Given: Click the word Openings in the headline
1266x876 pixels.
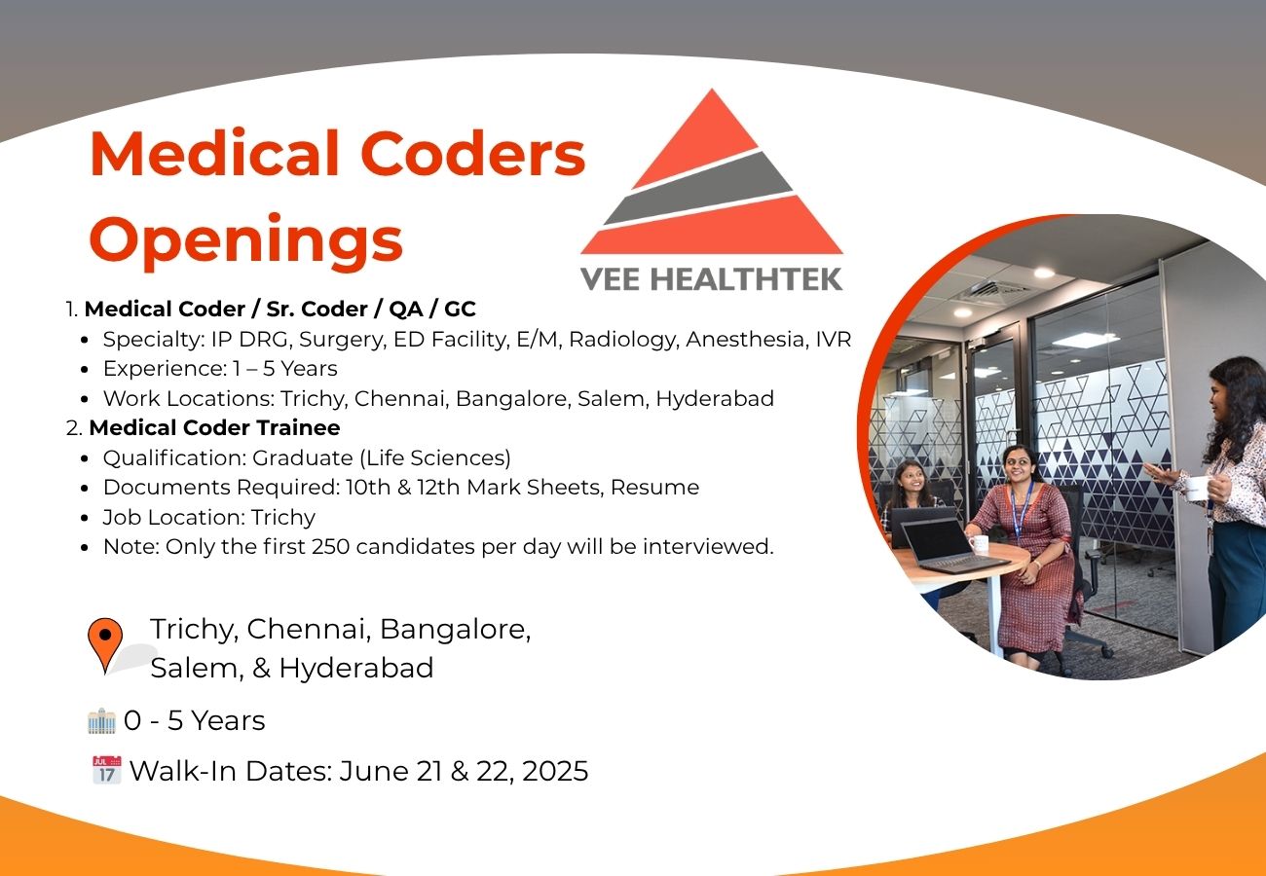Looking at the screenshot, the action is pos(245,241).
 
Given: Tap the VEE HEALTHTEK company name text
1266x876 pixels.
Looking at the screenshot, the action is pos(712,279).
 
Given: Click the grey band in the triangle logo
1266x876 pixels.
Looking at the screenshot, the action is pos(699,188).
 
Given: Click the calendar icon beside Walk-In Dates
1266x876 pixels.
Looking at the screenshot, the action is pos(107,769).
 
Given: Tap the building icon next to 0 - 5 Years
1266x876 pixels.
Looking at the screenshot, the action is pos(101,720).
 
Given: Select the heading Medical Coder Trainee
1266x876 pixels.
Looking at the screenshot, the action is pos(215,427).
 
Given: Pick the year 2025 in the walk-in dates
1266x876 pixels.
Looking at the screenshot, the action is pos(555,771).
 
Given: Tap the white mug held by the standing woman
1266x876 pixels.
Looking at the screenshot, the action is pos(1196,488).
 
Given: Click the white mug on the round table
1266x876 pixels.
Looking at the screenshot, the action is pos(980,544).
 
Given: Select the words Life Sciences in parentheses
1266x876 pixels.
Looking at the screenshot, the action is pos(435,457).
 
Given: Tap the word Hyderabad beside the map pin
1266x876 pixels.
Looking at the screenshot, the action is pos(356,668).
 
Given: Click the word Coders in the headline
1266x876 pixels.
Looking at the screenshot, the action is pos(472,154).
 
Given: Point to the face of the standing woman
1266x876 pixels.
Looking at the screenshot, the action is pos(1219,396).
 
